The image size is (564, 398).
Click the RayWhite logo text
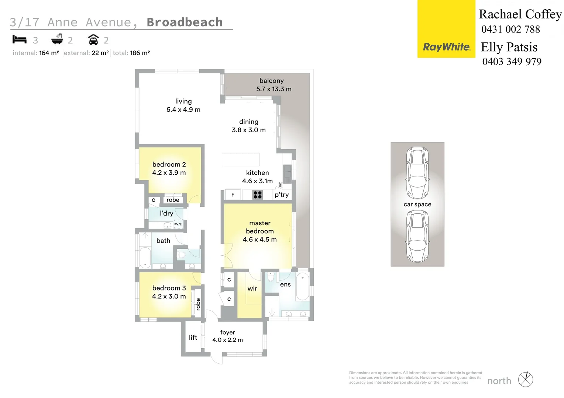pos(446,47)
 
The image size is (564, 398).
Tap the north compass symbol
pos(526,380)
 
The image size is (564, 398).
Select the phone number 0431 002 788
pos(510,29)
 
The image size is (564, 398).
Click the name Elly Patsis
pos(509,47)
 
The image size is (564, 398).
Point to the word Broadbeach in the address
pos(185,22)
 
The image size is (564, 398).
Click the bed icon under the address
pos(20,39)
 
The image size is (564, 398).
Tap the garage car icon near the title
pos(93,39)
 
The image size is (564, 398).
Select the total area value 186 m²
pos(140,53)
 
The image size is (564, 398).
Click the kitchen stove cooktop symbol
pos(258,195)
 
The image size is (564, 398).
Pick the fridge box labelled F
pos(233,195)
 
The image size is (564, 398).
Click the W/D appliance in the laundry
pos(179,224)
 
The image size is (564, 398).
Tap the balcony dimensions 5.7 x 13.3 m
pos(274,89)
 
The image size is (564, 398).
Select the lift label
pos(193,338)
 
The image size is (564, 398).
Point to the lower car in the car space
pos(417,236)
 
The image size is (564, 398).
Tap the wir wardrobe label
pos(252,289)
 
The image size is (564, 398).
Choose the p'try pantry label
pos(282,195)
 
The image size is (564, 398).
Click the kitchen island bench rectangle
pos(240,160)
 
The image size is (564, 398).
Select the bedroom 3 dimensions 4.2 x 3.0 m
pos(169,296)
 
